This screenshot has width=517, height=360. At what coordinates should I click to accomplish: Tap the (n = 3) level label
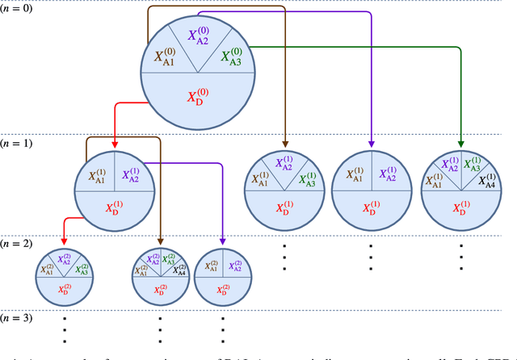point(17,318)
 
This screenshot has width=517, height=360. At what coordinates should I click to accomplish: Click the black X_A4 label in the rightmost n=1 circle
point(486,181)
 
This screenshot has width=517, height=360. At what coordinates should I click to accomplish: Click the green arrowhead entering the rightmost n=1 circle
point(460,144)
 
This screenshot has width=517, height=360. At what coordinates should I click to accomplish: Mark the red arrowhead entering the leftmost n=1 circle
point(115,144)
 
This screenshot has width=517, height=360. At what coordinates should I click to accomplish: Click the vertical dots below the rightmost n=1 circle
point(460,258)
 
